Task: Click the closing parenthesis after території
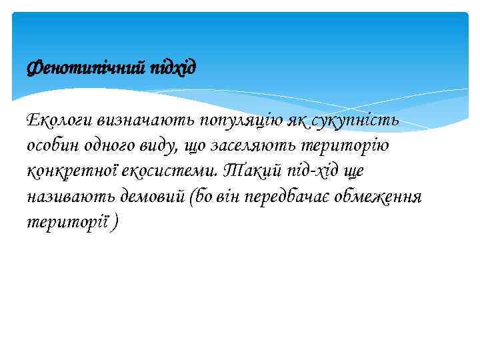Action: (117, 223)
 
